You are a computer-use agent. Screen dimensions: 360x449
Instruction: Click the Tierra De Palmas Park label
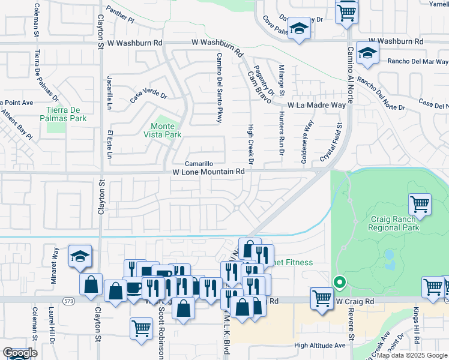(x=67, y=114)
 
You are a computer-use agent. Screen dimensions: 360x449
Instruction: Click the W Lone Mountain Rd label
(x=208, y=172)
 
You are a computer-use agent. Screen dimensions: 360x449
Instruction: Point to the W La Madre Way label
(x=316, y=105)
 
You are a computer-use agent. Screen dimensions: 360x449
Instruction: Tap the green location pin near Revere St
(x=339, y=281)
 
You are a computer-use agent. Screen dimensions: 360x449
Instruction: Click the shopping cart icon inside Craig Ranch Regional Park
(x=420, y=204)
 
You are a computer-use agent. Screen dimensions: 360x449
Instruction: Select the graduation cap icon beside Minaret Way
(x=80, y=256)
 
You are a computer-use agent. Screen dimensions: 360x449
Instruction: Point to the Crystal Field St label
(x=332, y=142)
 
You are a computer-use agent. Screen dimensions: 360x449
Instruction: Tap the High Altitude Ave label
(x=320, y=345)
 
